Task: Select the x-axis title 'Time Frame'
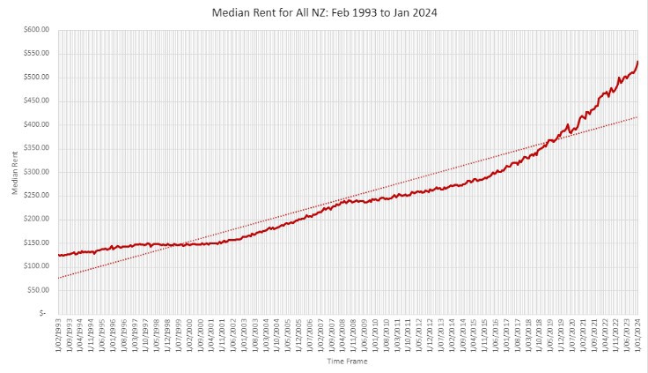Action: click(346, 362)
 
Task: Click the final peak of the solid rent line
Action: click(637, 62)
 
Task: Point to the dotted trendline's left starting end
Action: click(58, 278)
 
